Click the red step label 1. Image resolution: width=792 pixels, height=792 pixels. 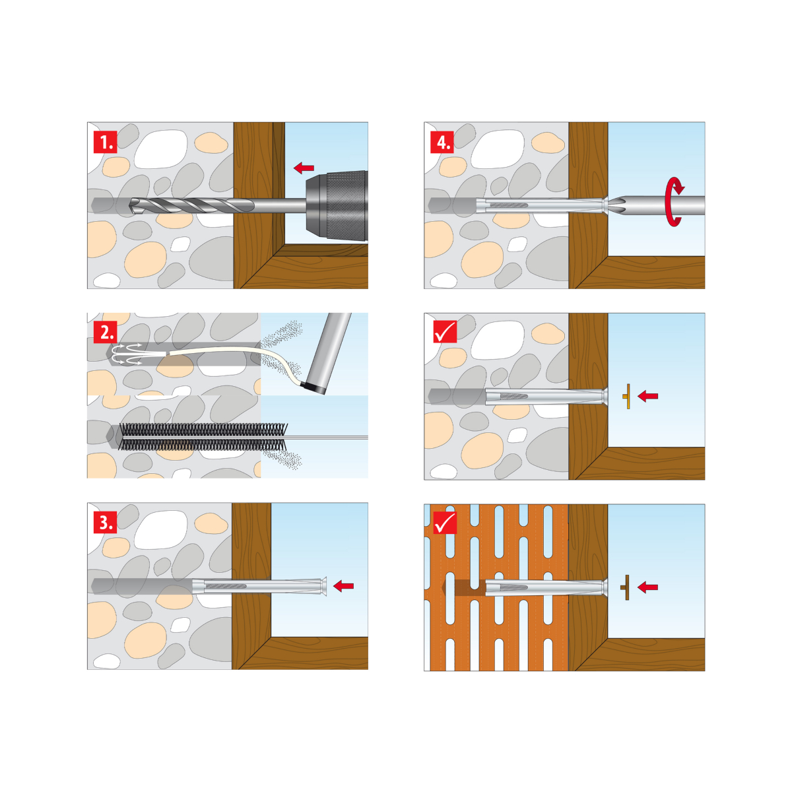105,142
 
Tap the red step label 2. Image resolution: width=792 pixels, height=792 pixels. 105,332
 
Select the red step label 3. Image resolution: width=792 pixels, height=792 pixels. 105,522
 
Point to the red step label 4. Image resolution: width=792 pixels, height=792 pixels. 442,142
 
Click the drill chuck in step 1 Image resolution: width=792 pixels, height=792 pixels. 337,205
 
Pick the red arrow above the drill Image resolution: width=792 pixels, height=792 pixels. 304,167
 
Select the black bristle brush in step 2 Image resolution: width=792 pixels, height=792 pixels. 203,436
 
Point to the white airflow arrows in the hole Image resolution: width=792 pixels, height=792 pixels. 127,354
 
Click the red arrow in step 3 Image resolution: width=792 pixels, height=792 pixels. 344,585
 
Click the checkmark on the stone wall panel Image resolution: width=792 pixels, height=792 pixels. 445,331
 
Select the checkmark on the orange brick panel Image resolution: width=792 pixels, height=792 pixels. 445,522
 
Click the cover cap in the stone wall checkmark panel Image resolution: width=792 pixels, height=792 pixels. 627,396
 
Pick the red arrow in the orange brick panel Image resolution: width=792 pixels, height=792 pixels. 647,587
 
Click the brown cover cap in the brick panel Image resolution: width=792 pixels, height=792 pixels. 625,587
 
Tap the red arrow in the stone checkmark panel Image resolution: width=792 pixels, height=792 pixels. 647,396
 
